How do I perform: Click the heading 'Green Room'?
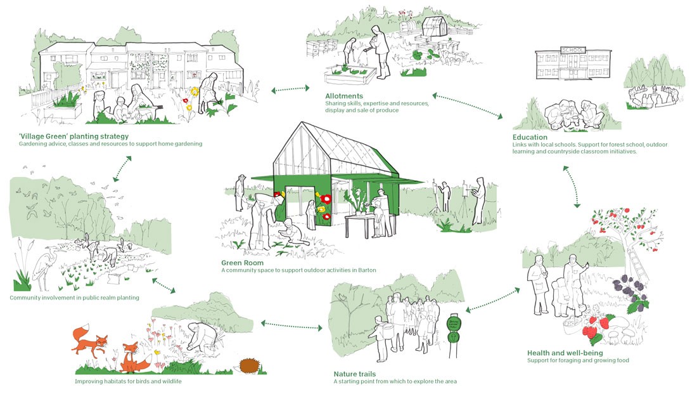pos(242,262)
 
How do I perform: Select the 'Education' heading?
pos(530,137)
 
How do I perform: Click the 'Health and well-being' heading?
pos(565,353)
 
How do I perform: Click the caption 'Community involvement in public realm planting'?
pos(74,298)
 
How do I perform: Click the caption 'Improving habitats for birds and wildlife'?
pos(134,381)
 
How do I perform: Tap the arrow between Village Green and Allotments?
pos(290,91)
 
